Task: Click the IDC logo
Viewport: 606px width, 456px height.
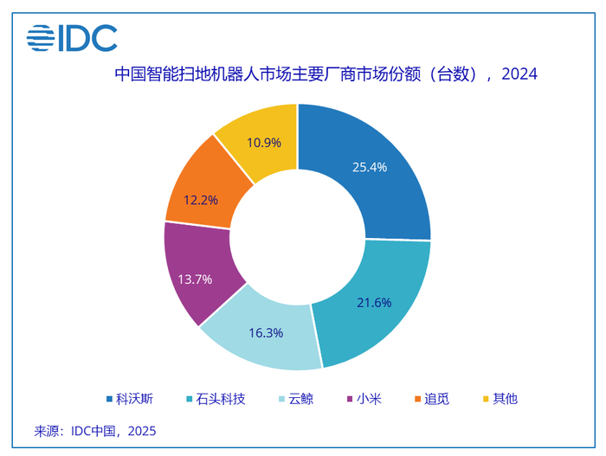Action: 72,37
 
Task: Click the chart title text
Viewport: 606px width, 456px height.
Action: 326,74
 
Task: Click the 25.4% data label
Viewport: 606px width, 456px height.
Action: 370,167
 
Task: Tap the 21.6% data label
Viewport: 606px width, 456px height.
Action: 374,303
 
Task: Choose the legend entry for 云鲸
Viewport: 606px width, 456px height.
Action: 303,399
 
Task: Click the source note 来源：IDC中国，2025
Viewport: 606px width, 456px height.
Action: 95,430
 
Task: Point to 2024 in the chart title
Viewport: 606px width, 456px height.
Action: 519,74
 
